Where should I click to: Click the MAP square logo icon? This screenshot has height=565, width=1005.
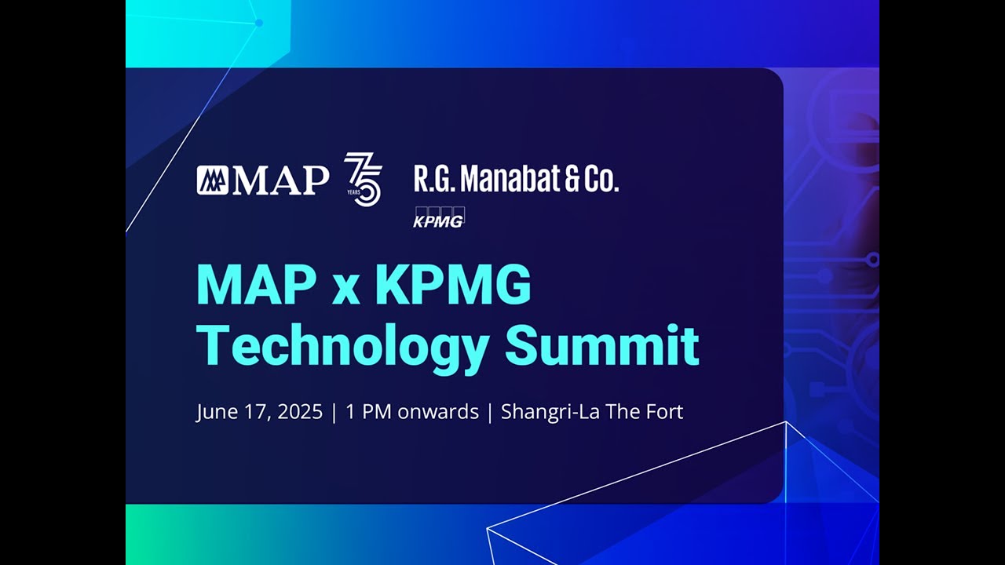tap(212, 180)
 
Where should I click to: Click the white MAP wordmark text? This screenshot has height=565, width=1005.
tap(280, 180)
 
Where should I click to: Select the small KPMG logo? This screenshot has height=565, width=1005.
tap(439, 217)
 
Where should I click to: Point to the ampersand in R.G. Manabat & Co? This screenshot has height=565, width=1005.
tap(571, 180)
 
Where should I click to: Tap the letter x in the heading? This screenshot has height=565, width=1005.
tap(345, 289)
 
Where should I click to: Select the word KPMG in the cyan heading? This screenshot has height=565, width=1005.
tap(453, 286)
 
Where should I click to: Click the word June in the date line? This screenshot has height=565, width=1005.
tap(215, 412)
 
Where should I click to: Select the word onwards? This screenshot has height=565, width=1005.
tap(438, 412)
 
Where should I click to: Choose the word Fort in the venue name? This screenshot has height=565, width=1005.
tap(664, 412)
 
